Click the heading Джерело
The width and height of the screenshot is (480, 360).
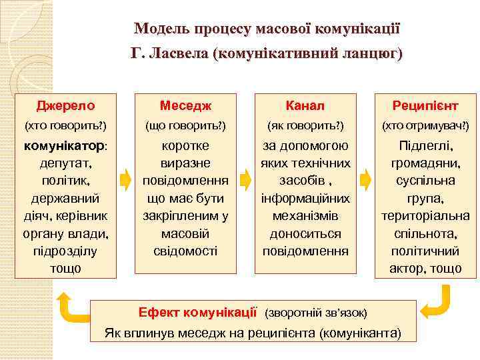click(65, 105)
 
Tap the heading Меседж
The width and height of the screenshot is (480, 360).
click(185, 105)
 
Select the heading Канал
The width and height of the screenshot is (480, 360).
click(305, 105)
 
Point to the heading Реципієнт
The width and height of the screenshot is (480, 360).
click(425, 105)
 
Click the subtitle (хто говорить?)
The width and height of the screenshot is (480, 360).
click(65, 125)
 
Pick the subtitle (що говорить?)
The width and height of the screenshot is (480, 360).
click(185, 125)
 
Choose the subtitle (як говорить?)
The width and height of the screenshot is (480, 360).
click(305, 125)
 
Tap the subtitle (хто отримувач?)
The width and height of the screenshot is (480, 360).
click(425, 125)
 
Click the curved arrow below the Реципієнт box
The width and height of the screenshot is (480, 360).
click(437, 301)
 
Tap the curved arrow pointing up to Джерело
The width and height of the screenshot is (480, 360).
click(69, 304)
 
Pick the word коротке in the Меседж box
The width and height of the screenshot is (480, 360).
click(185, 145)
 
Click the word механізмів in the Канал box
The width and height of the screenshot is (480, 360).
click(305, 216)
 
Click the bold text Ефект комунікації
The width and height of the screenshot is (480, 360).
click(197, 311)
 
